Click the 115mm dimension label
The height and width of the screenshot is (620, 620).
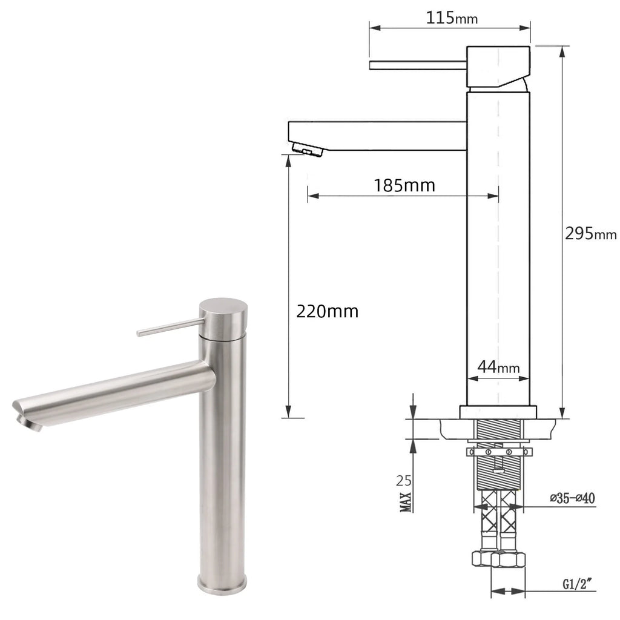(451, 18)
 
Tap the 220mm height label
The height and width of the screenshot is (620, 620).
(327, 311)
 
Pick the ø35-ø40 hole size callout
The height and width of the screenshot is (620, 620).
(573, 498)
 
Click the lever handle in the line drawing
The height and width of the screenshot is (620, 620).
(418, 65)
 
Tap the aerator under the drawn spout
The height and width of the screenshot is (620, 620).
(308, 148)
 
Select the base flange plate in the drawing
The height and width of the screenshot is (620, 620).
(498, 412)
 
